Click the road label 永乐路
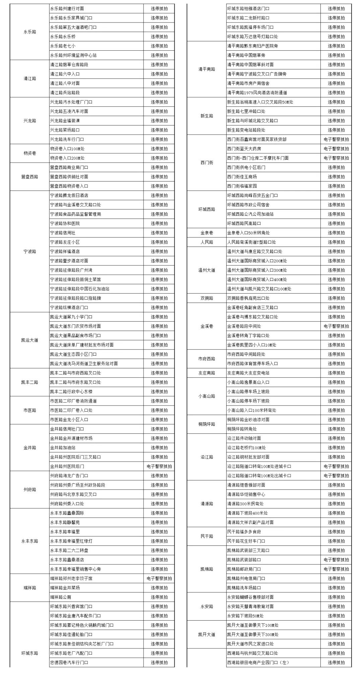tap(29, 32)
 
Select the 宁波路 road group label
tap(29, 251)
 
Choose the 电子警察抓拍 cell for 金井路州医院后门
tap(159, 466)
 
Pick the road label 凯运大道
tap(29, 340)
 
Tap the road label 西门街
tap(206, 163)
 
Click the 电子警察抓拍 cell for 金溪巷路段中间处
tap(336, 326)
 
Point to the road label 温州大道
tap(206, 270)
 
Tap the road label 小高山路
tap(206, 396)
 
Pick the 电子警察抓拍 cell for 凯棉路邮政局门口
tap(336, 569)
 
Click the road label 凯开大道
tap(206, 634)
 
